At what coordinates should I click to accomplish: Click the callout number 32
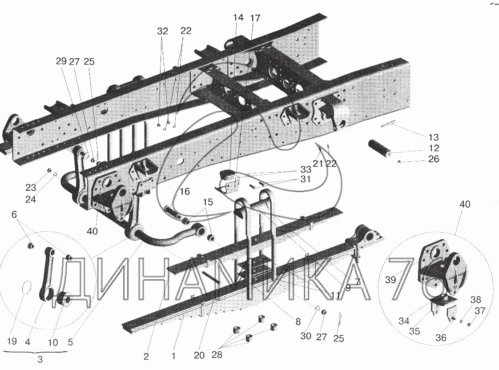(x=163, y=31)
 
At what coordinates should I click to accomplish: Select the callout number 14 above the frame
(x=238, y=18)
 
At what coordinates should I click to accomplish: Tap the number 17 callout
(x=255, y=18)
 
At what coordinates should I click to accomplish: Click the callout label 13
(x=433, y=137)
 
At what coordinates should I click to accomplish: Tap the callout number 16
(x=185, y=192)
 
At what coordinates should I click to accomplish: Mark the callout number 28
(x=216, y=355)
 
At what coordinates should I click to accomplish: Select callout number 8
(x=297, y=321)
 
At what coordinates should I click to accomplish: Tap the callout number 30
(x=306, y=336)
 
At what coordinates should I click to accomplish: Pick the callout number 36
(x=441, y=338)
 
